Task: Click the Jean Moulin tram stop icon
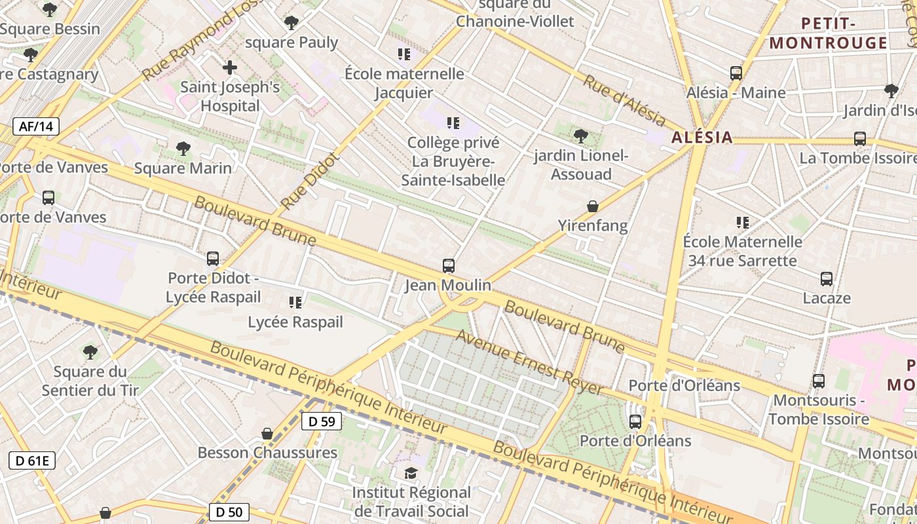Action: [449, 266]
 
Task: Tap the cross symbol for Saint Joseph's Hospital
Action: [230, 67]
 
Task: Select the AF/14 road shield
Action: [36, 126]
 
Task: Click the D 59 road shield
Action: [322, 421]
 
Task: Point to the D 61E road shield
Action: [32, 460]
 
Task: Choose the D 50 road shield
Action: [229, 512]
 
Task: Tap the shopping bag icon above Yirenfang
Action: [593, 206]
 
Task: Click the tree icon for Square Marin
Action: [183, 149]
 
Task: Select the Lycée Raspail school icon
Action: [295, 302]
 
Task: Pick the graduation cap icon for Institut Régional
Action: [411, 473]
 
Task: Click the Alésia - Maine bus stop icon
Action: [736, 73]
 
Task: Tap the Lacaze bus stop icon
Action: [827, 279]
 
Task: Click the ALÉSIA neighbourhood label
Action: [702, 138]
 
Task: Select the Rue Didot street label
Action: [310, 181]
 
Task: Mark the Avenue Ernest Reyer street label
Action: [529, 362]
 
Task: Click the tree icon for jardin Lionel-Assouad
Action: [580, 136]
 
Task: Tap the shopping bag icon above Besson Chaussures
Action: [267, 434]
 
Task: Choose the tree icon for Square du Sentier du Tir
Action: [90, 352]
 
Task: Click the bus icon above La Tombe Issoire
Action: [860, 139]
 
